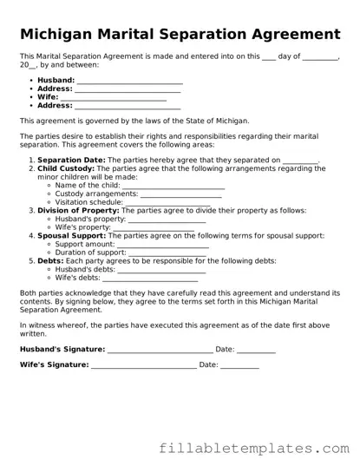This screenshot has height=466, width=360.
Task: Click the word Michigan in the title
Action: coord(56,34)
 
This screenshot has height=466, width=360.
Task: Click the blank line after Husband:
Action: coord(129,81)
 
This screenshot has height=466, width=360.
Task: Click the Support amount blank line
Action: coord(168,245)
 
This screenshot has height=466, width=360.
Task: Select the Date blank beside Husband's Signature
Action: coord(257,350)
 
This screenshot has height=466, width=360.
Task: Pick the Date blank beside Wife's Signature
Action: coord(240,365)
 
